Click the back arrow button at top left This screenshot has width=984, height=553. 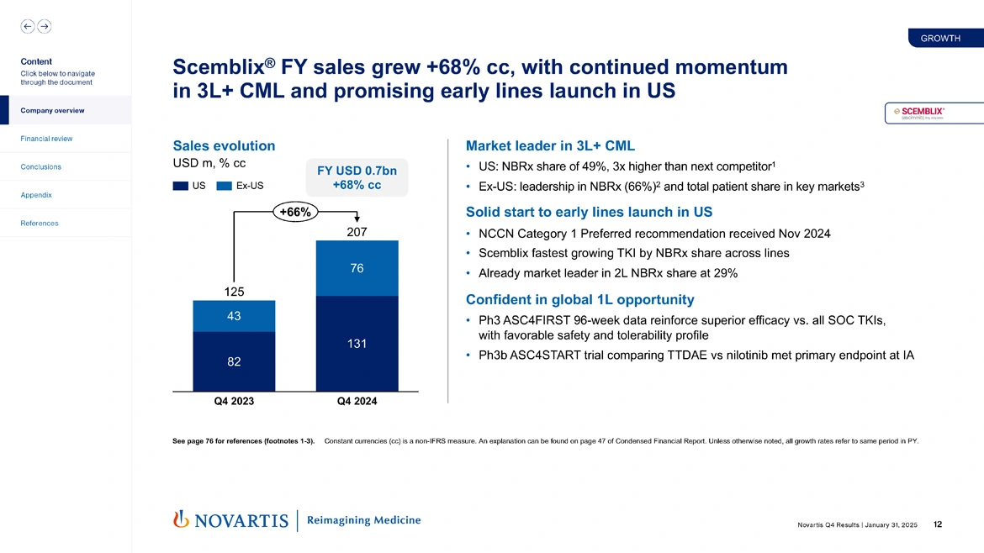click(x=28, y=26)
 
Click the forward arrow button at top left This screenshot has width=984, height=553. click(x=45, y=26)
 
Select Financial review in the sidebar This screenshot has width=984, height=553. click(x=47, y=139)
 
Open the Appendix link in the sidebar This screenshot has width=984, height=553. click(x=36, y=195)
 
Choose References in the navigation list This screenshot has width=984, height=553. click(x=40, y=224)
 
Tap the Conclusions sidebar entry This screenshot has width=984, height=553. click(x=40, y=166)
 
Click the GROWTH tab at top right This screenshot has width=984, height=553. click(x=940, y=38)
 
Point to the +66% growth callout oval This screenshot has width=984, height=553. click(x=294, y=213)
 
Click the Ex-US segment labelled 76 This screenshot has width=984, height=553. click(x=357, y=269)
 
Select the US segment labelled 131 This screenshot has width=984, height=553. click(x=357, y=344)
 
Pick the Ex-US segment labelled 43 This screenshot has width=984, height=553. click(x=234, y=316)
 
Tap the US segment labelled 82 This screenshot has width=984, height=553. click(x=234, y=361)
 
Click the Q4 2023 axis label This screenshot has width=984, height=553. click(x=234, y=402)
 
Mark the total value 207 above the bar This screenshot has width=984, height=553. click(x=357, y=230)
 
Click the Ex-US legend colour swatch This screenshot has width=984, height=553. click(x=224, y=186)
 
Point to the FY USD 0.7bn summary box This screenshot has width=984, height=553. click(x=357, y=177)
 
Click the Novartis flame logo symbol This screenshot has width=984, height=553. click(x=179, y=520)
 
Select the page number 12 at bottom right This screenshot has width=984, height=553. click(x=938, y=525)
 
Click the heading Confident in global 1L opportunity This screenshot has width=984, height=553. click(x=579, y=299)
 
